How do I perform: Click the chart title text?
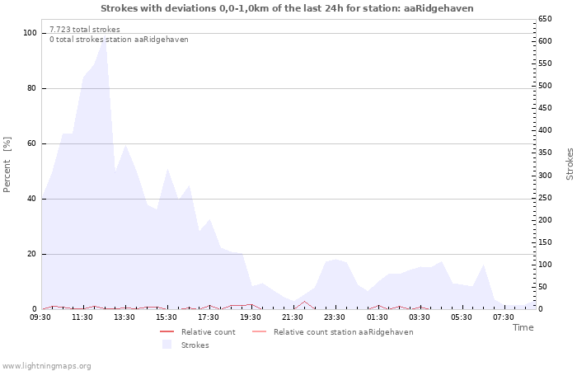point(287,8)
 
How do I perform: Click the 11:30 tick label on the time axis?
point(82,317)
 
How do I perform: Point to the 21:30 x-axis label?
point(293,317)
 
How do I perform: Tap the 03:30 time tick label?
point(419,317)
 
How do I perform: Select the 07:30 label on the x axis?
point(503,317)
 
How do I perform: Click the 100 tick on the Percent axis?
point(30,33)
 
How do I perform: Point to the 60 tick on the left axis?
point(32,143)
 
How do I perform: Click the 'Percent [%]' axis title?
point(7,165)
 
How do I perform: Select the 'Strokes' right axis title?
point(570,164)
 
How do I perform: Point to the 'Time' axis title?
point(523,327)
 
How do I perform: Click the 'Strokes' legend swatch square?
point(167,345)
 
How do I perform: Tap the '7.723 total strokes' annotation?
point(84,30)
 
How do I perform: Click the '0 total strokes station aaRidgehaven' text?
point(119,40)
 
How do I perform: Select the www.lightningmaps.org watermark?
point(46,365)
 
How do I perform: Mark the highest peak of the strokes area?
point(104,36)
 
